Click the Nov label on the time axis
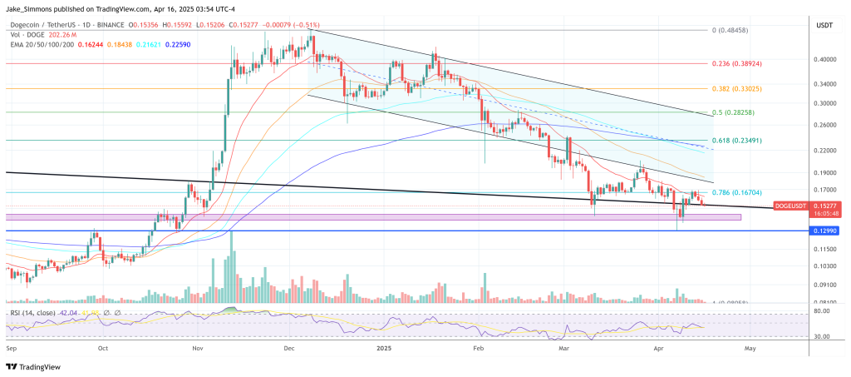point(198,350)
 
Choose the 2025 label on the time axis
point(383,350)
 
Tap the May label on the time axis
point(750,350)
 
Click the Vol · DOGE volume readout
point(42,35)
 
